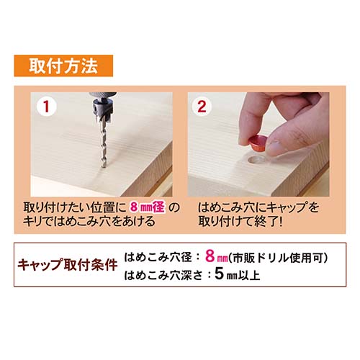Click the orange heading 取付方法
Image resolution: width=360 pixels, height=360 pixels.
click(63, 66)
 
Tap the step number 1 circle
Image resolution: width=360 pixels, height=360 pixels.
click(46, 107)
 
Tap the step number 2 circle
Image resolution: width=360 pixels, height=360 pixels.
click(202, 107)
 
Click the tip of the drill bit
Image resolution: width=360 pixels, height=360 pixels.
click(104, 166)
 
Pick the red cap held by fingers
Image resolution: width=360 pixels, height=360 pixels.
click(257, 143)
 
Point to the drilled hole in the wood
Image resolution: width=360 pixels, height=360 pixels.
click(256, 161)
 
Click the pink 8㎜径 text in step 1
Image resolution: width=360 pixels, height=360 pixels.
click(148, 207)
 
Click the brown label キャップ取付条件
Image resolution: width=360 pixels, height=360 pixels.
click(68, 265)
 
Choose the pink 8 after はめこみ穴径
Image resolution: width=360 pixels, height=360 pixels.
click(210, 256)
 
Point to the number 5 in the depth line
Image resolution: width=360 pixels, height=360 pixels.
click(219, 274)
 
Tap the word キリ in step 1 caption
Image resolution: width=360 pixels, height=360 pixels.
click(32, 221)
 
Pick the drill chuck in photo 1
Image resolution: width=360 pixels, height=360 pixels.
click(103, 96)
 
